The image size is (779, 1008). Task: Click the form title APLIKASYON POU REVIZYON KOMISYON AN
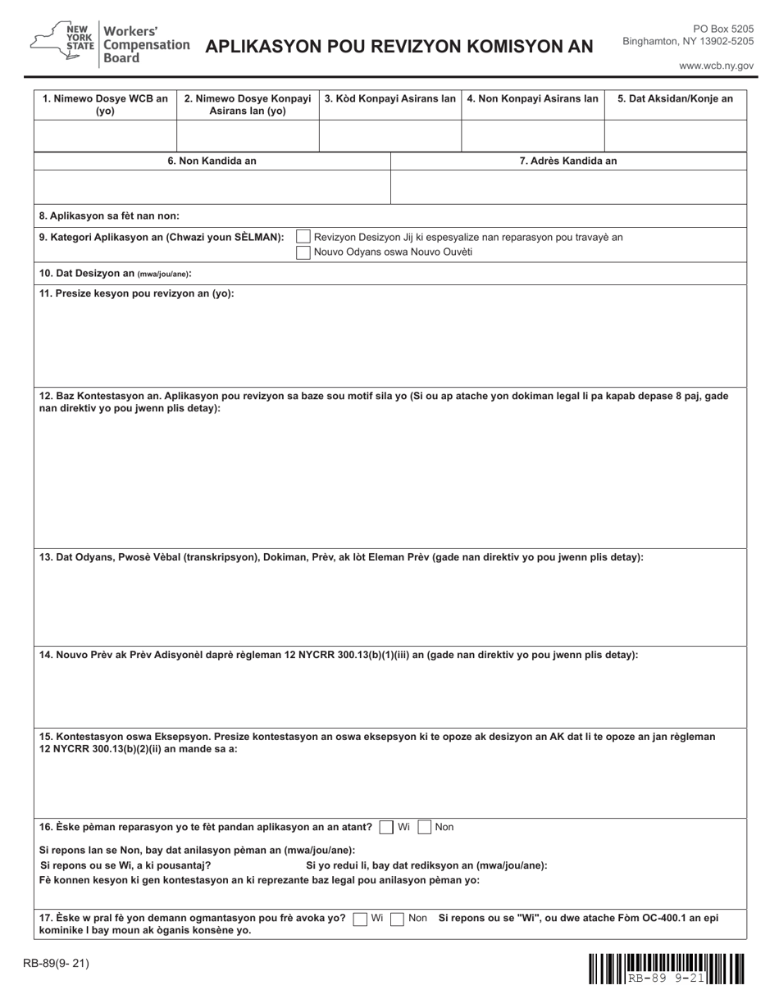(399, 47)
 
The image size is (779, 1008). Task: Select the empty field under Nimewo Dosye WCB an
(106, 135)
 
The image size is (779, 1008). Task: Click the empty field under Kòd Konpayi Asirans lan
(389, 135)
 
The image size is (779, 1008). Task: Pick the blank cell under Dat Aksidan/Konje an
(675, 135)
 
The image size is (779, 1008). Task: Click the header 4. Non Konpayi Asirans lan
(532, 99)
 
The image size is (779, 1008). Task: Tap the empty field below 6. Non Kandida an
(212, 187)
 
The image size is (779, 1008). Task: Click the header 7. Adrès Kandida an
(568, 161)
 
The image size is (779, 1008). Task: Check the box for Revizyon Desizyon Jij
(303, 238)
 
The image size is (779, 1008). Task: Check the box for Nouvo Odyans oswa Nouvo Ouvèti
(303, 252)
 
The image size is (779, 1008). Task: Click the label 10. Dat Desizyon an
(115, 274)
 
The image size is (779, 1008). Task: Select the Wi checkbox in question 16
(386, 828)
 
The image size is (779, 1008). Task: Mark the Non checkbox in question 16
(424, 828)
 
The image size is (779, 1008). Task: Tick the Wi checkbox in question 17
(360, 919)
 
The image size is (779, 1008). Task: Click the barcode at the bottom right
(666, 968)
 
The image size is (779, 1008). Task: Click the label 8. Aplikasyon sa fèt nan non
(109, 216)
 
